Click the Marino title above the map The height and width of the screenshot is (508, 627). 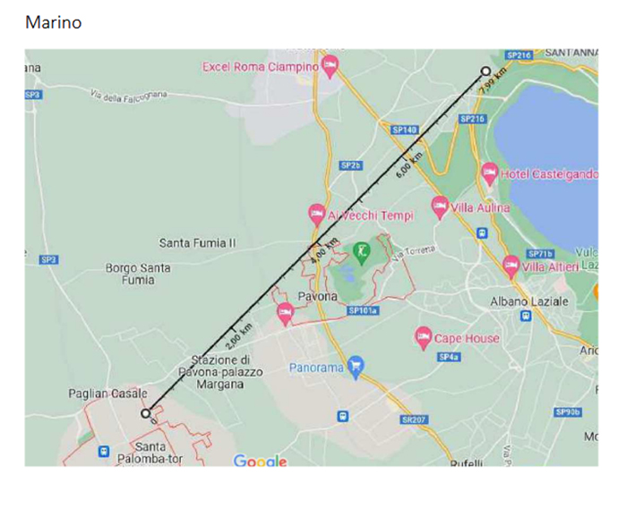click(53, 22)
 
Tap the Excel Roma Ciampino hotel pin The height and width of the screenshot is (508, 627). click(330, 65)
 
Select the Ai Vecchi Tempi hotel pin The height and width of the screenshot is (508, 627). click(316, 214)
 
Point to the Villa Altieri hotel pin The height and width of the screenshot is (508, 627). click(511, 265)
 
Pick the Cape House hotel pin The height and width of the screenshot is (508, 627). click(424, 337)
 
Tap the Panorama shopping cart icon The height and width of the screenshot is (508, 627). click(356, 365)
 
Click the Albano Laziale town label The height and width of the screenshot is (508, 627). click(528, 301)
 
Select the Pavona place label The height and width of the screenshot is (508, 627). click(317, 296)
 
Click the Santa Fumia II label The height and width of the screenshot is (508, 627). click(197, 242)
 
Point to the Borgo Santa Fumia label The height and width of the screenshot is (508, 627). click(138, 274)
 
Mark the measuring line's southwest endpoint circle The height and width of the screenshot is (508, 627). click(146, 413)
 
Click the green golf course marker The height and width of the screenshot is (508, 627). click(362, 251)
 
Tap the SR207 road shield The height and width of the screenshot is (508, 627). click(414, 419)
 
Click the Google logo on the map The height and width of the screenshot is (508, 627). click(260, 461)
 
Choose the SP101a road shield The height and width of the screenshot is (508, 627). click(363, 310)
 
